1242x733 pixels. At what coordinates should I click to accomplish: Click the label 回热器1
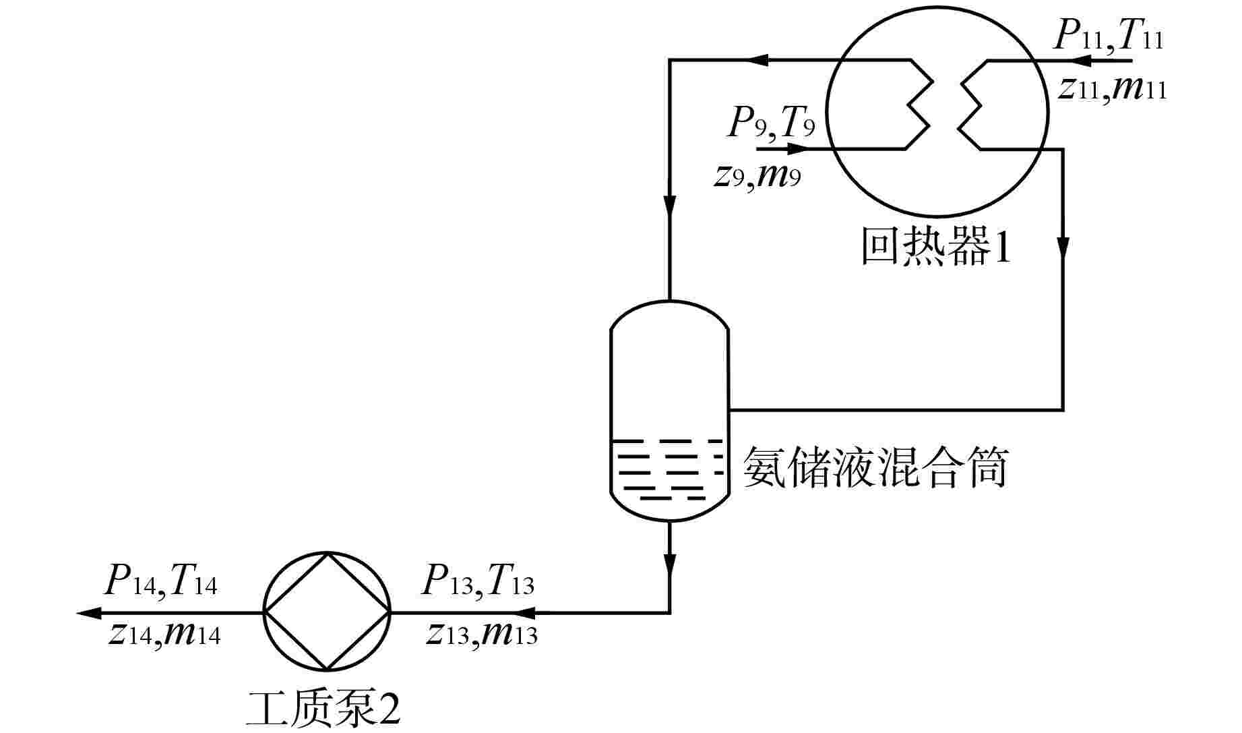click(x=936, y=247)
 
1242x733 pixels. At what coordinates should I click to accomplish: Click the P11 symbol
click(x=1077, y=38)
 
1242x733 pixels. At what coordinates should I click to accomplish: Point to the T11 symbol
click(x=1140, y=38)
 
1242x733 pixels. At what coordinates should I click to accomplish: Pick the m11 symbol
click(x=1140, y=88)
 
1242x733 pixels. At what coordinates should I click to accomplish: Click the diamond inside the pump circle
click(x=327, y=612)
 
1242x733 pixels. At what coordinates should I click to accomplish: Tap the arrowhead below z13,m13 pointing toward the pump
click(x=528, y=613)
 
